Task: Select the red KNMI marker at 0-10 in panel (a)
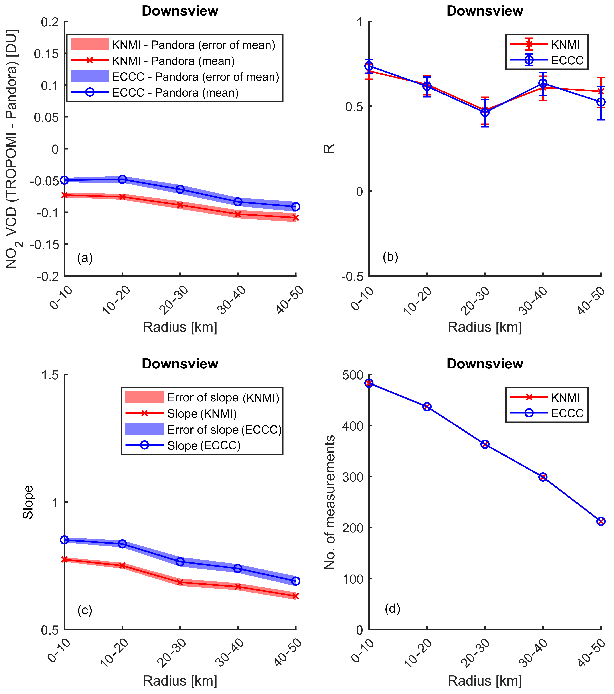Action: pos(65,195)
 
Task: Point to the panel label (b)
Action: pos(390,257)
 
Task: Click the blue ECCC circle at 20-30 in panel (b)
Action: pos(485,112)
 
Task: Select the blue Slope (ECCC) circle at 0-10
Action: pos(65,540)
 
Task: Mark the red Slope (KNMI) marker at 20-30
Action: pos(180,582)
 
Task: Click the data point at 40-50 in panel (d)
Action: pos(601,522)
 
